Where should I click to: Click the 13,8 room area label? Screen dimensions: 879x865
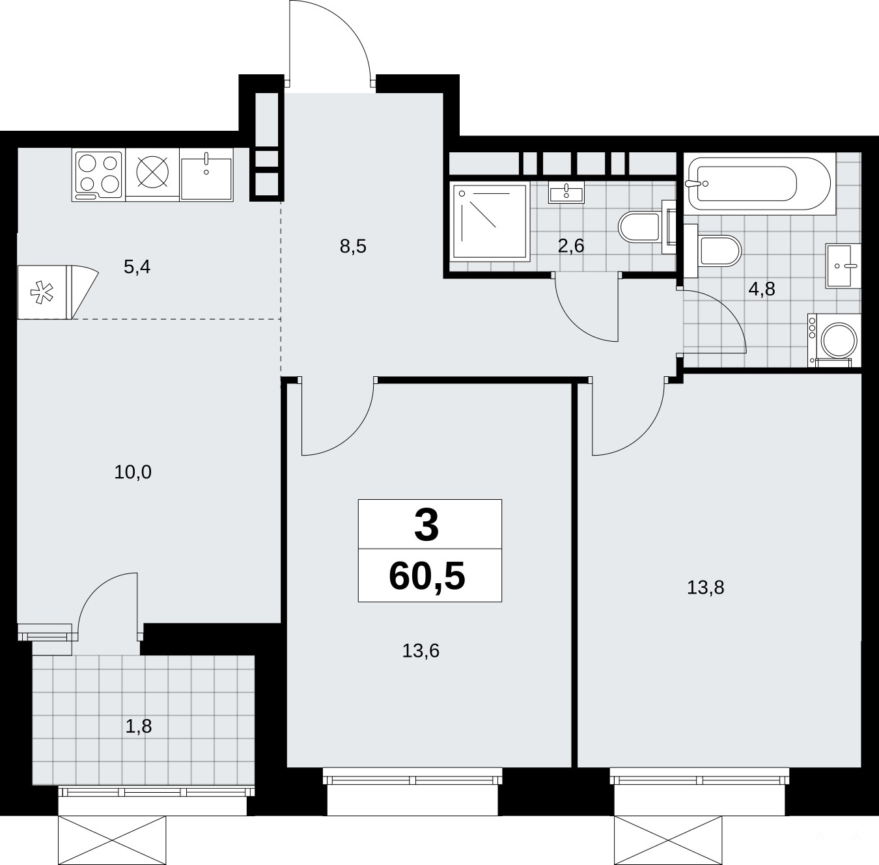pos(705,588)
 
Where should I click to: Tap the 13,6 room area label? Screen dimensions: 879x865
pos(421,651)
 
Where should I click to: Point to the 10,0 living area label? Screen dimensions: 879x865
pos(133,473)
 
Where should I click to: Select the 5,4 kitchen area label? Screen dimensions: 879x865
pos(137,268)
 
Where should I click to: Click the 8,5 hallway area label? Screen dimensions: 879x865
pos(353,247)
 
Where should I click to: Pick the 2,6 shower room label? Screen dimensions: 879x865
pos(571,246)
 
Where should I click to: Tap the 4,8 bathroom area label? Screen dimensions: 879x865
pos(762,289)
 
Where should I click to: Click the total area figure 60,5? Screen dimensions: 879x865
pos(427,576)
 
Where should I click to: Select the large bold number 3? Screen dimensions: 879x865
pos(427,525)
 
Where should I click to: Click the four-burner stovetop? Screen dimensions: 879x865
pos(98,175)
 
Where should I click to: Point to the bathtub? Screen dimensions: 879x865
pos(759,184)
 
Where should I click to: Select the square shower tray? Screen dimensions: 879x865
pos(490,221)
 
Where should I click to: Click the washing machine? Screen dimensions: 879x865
pos(834,340)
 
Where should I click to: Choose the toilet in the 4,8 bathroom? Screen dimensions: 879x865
pos(713,251)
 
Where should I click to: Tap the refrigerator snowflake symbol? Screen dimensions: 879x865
pos(42,293)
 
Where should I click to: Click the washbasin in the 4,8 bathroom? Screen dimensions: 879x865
pos(843,266)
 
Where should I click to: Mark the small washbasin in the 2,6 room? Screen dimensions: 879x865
pos(566,192)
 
